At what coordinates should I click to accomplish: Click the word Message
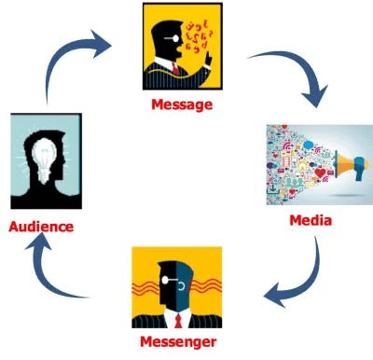182,104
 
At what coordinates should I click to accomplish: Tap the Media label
311,220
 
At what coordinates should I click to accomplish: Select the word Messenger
178,342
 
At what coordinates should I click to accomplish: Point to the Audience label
41,227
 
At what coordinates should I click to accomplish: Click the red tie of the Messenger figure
178,321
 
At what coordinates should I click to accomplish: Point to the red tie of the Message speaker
175,68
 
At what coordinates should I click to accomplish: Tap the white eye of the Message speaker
175,38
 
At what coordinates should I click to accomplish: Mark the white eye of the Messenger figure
165,280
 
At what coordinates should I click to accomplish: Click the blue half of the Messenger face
184,285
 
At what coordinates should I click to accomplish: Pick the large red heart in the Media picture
320,173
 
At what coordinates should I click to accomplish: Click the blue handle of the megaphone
359,173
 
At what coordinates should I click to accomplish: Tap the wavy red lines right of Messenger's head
208,286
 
